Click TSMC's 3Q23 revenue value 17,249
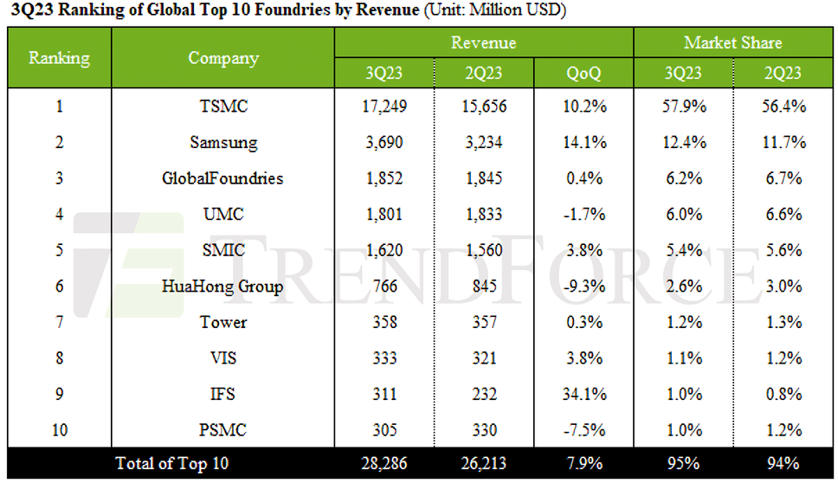click(381, 107)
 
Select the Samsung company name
click(223, 143)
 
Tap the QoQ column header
click(583, 74)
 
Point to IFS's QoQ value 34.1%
click(583, 394)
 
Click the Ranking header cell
click(59, 58)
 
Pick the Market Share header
click(732, 42)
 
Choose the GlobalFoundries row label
click(223, 179)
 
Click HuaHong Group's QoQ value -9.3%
click(583, 287)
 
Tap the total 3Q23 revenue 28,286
click(381, 463)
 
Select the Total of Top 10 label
click(172, 463)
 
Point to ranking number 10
click(59, 429)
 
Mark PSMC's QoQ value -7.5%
click(583, 429)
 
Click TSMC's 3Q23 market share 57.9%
click(683, 107)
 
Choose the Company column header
click(223, 58)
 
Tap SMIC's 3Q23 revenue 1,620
click(381, 251)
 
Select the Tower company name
click(223, 322)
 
